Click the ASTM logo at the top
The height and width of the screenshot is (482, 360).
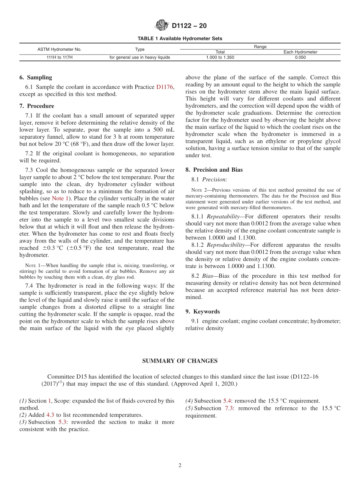pyautogui.click(x=162, y=26)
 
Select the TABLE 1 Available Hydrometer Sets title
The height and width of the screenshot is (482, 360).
pyautogui.click(x=180, y=39)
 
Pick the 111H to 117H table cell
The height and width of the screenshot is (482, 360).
pyautogui.click(x=59, y=58)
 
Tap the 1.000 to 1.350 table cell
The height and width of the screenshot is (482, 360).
pyautogui.click(x=220, y=58)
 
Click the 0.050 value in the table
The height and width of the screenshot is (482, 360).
pyautogui.click(x=301, y=58)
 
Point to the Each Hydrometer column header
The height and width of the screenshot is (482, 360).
pyautogui.click(x=301, y=52)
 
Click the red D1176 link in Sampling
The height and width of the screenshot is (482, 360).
pyautogui.click(x=165, y=87)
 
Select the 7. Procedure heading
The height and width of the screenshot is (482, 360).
pyautogui.click(x=37, y=106)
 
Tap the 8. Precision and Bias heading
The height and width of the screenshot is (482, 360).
pyautogui.click(x=214, y=170)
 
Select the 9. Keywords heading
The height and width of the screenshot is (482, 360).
pyautogui.click(x=202, y=311)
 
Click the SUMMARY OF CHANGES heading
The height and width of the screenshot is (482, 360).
pyautogui.click(x=180, y=361)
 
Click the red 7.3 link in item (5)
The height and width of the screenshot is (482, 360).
pyautogui.click(x=229, y=408)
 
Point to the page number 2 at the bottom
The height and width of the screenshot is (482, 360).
pyautogui.click(x=180, y=466)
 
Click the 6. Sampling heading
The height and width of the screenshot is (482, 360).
pyautogui.click(x=36, y=77)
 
